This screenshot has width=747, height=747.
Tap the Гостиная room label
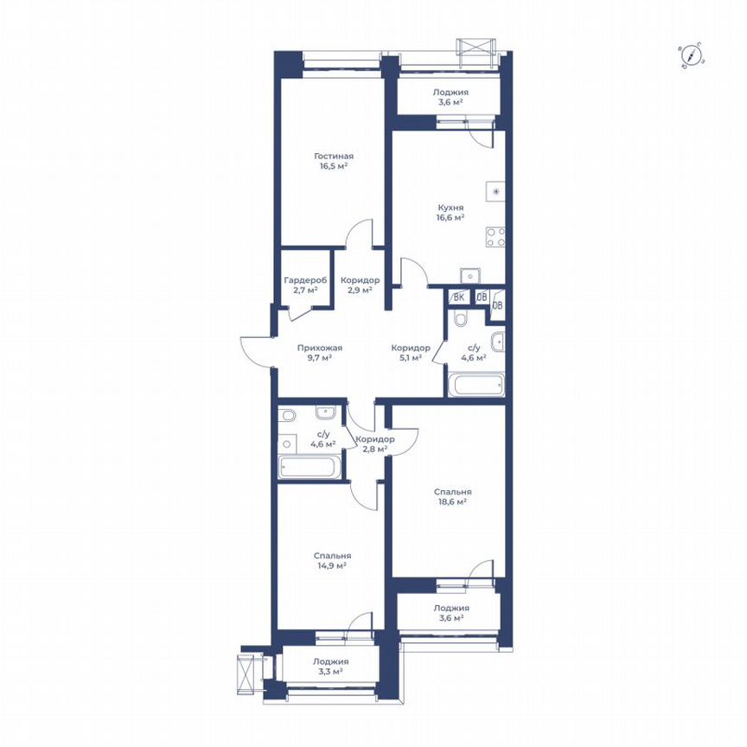333,162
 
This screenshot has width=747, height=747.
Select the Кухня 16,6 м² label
450,213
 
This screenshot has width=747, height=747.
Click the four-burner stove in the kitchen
495,237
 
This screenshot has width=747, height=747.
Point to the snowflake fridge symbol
495,192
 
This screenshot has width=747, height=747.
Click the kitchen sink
471,276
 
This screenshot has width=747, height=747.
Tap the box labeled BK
459,297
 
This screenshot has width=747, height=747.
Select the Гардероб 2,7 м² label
304,285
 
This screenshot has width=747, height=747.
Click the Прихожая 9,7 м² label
315,353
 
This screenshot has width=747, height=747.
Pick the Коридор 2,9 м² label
359,285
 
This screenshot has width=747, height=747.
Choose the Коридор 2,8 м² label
374,444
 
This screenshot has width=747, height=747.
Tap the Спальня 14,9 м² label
331,560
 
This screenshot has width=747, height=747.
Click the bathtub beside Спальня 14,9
309,469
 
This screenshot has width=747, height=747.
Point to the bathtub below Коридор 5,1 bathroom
475,385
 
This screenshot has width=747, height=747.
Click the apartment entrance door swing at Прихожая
253,350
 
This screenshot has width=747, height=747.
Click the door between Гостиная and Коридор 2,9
357,234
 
